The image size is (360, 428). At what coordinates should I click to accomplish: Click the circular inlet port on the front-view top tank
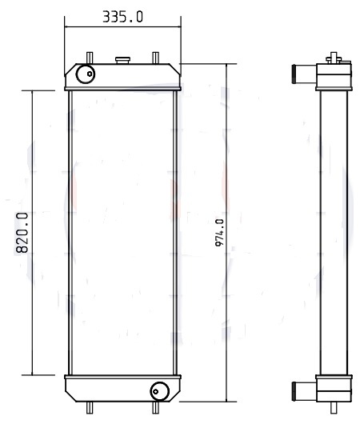[84, 75]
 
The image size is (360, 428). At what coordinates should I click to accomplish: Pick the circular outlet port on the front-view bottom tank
[159, 390]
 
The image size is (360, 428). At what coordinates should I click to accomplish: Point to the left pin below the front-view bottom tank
[89, 407]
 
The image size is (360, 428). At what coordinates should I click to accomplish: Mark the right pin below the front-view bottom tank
[154, 407]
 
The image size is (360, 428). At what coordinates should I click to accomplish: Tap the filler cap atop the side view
[334, 58]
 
